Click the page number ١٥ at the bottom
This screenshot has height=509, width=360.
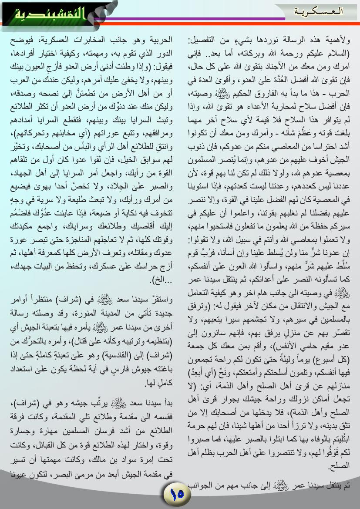[x=178, y=494]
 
